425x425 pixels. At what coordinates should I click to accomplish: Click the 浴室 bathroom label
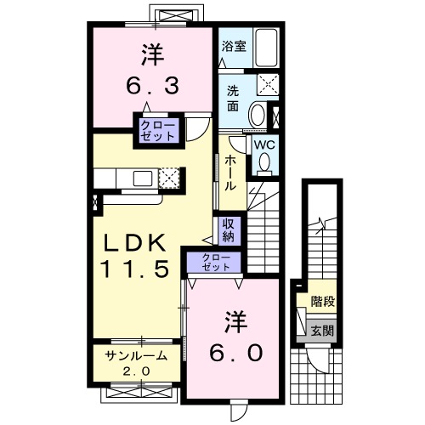[x=234, y=47]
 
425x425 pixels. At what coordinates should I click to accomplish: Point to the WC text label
[x=263, y=144]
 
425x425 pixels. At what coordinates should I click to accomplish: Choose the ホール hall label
[x=230, y=174]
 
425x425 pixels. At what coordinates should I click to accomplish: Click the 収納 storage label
[x=229, y=229]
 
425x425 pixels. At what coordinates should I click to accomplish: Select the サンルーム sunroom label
[x=134, y=356]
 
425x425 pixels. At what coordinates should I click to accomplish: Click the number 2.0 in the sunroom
[x=134, y=371]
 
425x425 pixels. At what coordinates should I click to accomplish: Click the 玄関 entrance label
[x=320, y=329]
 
